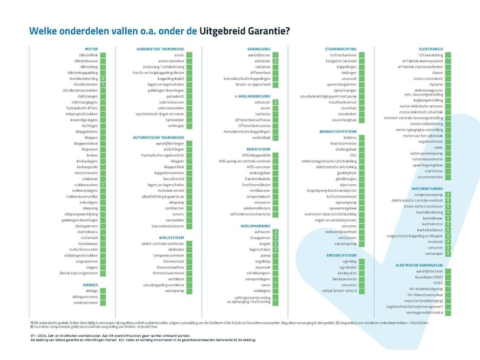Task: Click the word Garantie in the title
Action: click(268, 31)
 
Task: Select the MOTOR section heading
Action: click(90, 49)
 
